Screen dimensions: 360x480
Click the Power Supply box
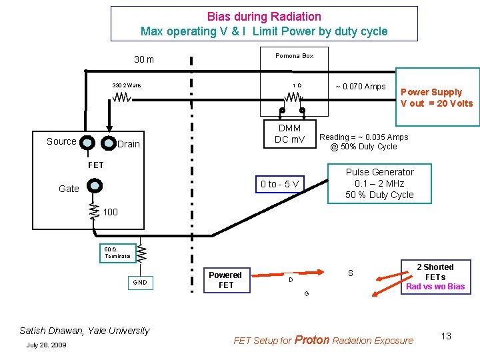(x=437, y=97)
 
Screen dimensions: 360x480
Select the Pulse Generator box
(x=379, y=183)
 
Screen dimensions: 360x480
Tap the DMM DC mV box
(x=289, y=133)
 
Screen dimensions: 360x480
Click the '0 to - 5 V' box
(x=280, y=184)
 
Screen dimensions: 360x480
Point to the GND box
(x=139, y=282)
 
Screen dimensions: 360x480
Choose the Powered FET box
(x=225, y=280)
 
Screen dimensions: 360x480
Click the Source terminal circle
(x=87, y=142)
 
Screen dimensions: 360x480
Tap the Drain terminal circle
(x=107, y=143)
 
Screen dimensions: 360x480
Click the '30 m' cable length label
(x=144, y=60)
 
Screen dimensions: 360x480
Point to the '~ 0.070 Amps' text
(x=360, y=86)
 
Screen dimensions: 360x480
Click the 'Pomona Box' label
(x=294, y=56)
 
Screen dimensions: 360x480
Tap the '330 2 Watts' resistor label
(x=127, y=85)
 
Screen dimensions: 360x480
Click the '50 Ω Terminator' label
(x=118, y=251)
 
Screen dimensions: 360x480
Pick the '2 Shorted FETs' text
(x=435, y=271)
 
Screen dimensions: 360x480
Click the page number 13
(x=445, y=336)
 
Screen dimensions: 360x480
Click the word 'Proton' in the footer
(x=312, y=339)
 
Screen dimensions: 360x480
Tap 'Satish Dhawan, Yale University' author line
(x=85, y=330)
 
